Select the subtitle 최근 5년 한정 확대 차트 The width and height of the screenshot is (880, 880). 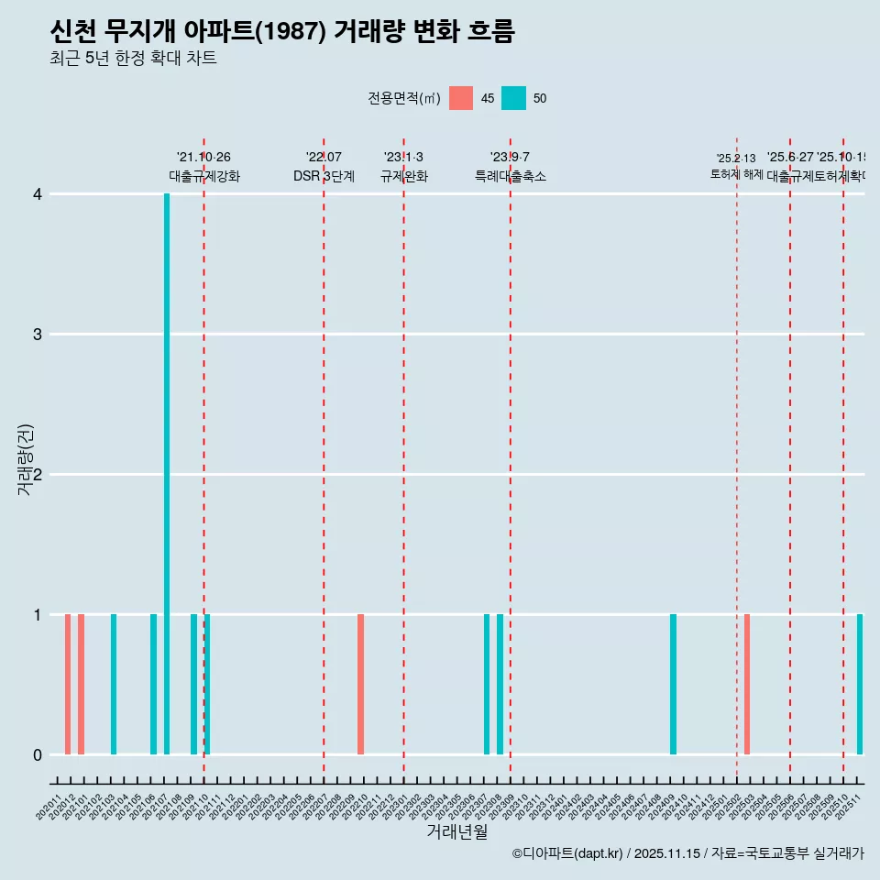click(133, 59)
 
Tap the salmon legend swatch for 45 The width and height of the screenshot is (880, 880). click(461, 98)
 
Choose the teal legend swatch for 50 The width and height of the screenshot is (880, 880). click(513, 98)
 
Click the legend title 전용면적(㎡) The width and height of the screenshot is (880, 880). click(403, 98)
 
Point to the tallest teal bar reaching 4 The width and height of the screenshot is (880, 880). click(167, 474)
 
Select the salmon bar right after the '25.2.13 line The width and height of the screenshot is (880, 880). click(747, 684)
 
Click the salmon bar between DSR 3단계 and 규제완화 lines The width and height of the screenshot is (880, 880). click(360, 684)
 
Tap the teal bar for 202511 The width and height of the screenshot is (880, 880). click(860, 684)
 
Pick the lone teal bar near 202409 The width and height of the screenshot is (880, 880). click(673, 684)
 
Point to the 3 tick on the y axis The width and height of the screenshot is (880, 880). click(38, 335)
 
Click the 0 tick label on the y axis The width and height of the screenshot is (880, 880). click(38, 754)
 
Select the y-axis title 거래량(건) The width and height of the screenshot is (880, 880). click(26, 460)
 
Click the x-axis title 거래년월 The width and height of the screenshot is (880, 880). click(456, 832)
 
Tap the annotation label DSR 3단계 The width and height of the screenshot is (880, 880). click(324, 176)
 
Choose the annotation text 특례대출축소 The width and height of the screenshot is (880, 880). click(510, 176)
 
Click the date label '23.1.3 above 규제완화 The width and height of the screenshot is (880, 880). click(403, 158)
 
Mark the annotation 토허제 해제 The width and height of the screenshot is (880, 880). click(736, 174)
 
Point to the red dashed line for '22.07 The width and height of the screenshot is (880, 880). click(324, 458)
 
